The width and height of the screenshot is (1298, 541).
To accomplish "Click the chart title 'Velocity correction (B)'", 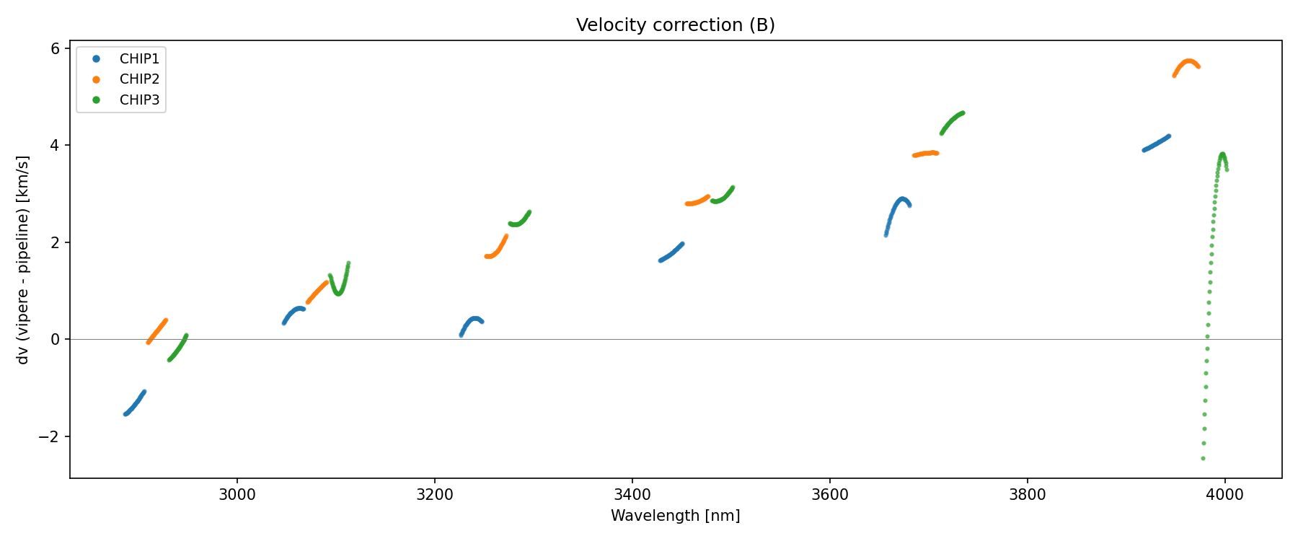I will (675, 25).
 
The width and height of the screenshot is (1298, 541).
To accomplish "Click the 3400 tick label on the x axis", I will (632, 495).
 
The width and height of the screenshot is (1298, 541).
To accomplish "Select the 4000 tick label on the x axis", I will (1224, 495).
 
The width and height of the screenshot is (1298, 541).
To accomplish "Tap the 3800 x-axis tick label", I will (1027, 495).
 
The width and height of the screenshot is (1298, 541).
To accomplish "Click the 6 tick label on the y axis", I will (55, 48).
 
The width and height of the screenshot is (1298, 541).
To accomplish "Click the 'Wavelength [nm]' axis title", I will (675, 516).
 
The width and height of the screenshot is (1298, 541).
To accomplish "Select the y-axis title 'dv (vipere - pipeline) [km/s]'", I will (23, 260).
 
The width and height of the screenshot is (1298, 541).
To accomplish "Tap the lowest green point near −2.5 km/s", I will (1203, 458).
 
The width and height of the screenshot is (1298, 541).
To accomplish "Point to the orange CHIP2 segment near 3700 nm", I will (926, 154).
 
